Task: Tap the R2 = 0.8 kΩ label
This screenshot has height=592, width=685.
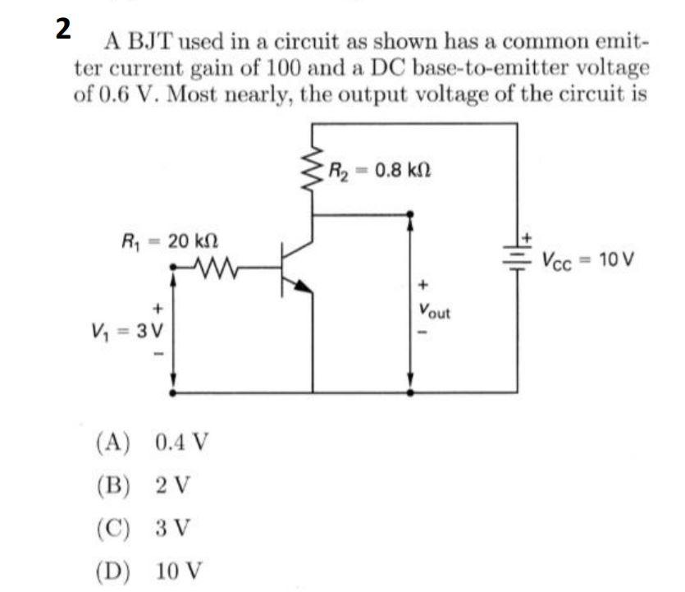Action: (x=379, y=172)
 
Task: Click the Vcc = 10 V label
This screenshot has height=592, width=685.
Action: (x=587, y=261)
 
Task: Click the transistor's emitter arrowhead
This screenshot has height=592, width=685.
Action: (x=303, y=287)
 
